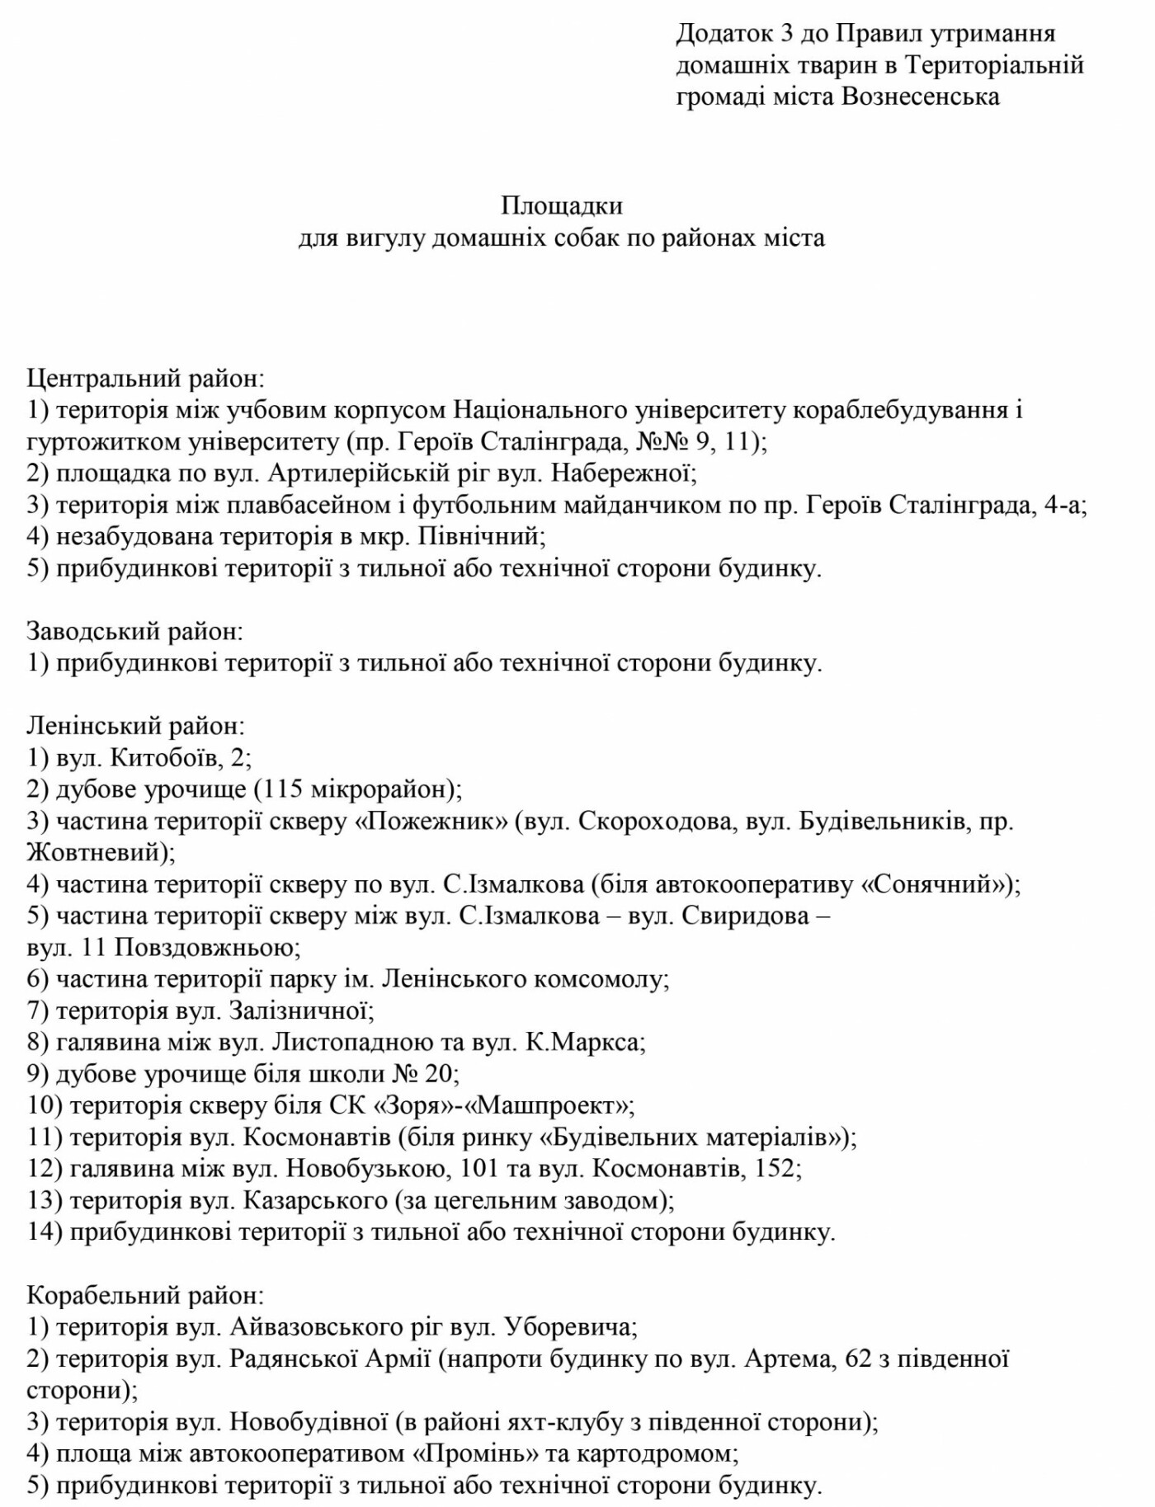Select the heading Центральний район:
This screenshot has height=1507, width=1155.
(x=146, y=379)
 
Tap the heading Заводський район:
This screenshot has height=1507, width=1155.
(x=135, y=632)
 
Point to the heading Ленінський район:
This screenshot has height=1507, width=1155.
(x=136, y=727)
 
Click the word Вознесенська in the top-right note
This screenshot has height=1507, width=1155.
(x=921, y=97)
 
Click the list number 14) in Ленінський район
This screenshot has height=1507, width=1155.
(x=45, y=1232)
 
